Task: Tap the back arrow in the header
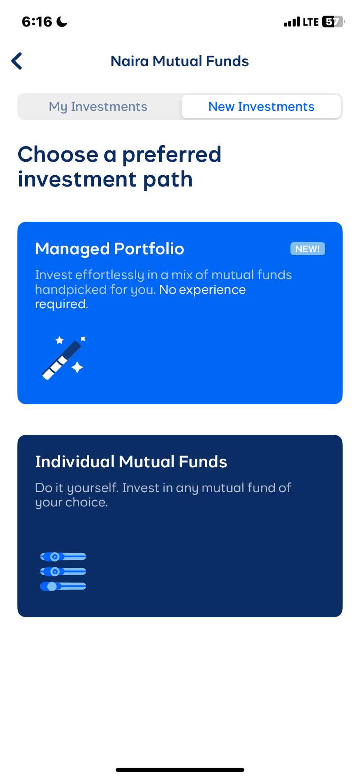(x=17, y=61)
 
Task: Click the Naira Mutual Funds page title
(x=180, y=61)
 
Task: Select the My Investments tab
(x=98, y=107)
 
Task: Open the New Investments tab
(x=261, y=107)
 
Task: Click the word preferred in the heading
(x=172, y=155)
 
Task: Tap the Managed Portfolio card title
(x=110, y=249)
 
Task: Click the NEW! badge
(x=307, y=249)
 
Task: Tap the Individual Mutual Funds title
(x=131, y=462)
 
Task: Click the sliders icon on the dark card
(x=63, y=572)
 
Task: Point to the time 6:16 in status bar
(x=37, y=22)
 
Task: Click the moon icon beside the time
(x=62, y=22)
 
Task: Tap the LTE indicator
(x=311, y=22)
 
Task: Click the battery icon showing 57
(x=333, y=22)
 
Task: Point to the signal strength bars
(x=292, y=22)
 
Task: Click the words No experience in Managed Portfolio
(x=202, y=290)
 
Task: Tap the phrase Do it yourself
(x=77, y=488)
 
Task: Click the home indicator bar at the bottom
(x=180, y=770)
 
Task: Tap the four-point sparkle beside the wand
(x=77, y=368)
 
